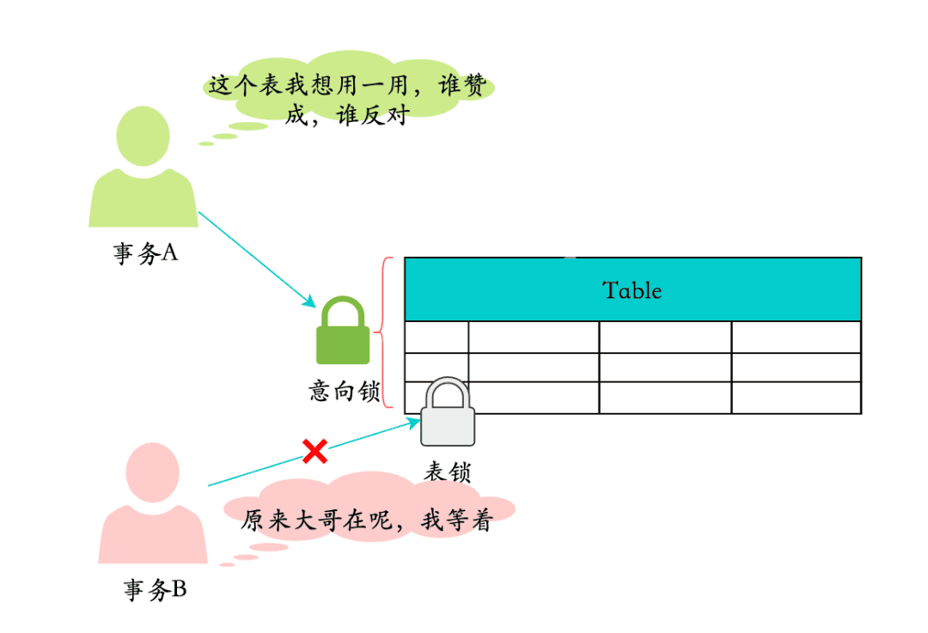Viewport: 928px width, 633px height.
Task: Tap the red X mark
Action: [x=315, y=450]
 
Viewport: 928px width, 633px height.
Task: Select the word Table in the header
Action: [x=632, y=290]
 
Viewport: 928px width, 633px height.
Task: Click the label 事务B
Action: [x=155, y=590]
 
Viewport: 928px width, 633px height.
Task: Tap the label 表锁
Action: [x=447, y=472]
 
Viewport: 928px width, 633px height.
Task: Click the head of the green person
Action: [x=143, y=136]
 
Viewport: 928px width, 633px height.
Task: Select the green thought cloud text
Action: [x=348, y=100]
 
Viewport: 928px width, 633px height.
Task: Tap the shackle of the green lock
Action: [x=344, y=309]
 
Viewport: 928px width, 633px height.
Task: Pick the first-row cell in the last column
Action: [x=795, y=337]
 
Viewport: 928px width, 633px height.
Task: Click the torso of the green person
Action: [x=143, y=199]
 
